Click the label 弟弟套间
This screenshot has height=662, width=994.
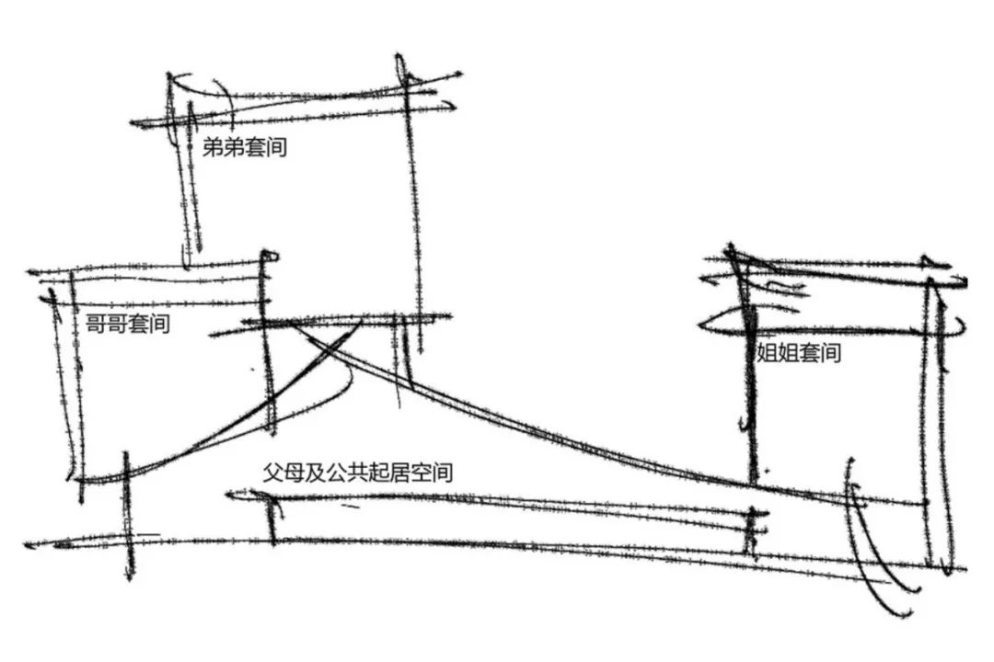point(244,147)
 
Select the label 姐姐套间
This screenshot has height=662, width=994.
point(798,352)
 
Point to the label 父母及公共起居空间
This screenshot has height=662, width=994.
point(357,474)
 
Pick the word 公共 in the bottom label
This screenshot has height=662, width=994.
point(341,474)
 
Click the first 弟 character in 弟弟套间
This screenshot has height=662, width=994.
point(213,147)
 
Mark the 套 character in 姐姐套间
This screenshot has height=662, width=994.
point(808,352)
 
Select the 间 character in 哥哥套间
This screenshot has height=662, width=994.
point(159,325)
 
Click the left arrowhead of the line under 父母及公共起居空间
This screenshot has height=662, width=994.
point(228,496)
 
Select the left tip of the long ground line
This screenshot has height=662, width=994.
point(28,545)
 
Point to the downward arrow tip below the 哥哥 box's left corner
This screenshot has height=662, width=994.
point(129,576)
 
